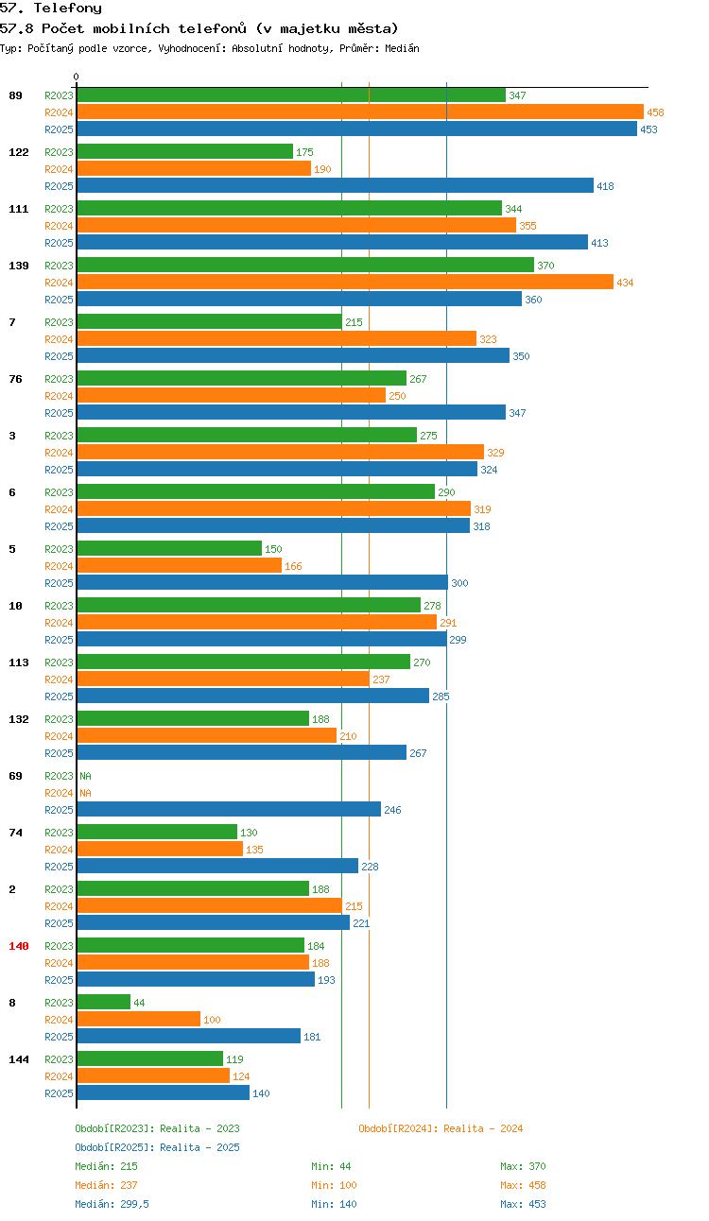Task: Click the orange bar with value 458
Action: [360, 112]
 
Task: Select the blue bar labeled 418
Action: [335, 185]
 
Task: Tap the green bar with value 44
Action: [104, 1002]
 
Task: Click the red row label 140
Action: [19, 946]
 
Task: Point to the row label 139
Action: [19, 266]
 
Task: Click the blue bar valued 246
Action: [229, 809]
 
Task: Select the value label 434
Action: [625, 283]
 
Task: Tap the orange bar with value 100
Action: [139, 1019]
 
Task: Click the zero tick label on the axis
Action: [76, 77]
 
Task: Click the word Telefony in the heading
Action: [68, 9]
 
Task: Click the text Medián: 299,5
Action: [112, 1204]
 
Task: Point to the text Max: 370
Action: [523, 1166]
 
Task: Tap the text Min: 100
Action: [334, 1184]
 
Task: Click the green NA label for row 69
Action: [86, 776]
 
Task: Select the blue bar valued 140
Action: [163, 1092]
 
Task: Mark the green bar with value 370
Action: [305, 265]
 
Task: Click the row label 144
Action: [19, 1059]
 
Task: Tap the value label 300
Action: [459, 583]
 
